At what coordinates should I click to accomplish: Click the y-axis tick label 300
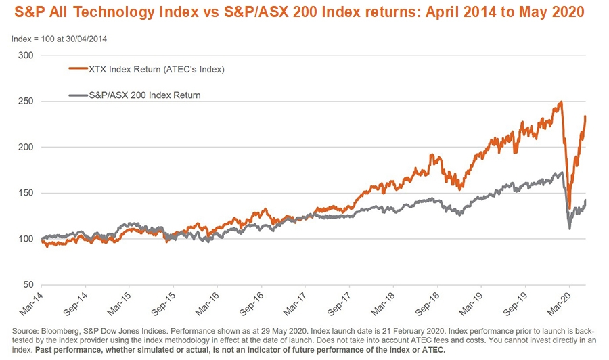(x=25, y=55)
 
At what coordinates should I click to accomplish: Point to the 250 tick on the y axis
(x=25, y=102)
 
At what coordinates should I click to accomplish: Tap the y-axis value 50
(x=27, y=285)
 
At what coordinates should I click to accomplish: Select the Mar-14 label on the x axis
(x=30, y=302)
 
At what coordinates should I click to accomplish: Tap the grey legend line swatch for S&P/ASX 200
(x=79, y=95)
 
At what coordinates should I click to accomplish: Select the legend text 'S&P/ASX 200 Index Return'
(x=145, y=95)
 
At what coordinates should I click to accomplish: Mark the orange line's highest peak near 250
(x=561, y=102)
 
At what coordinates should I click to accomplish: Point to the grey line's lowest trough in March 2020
(x=569, y=229)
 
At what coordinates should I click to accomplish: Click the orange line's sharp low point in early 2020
(x=569, y=208)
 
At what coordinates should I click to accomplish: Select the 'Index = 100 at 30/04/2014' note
(x=60, y=39)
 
